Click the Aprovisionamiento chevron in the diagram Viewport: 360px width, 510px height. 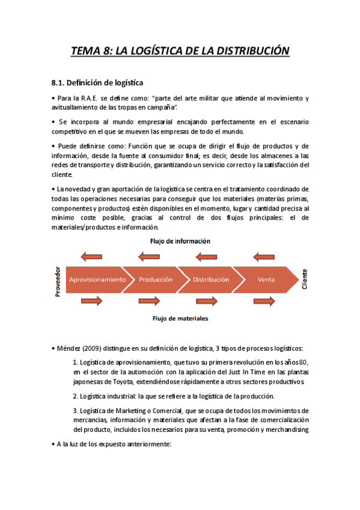(97, 280)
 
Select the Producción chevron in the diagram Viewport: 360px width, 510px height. (156, 280)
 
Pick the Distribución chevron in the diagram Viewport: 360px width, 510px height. (211, 280)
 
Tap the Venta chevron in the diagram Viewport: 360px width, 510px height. (266, 280)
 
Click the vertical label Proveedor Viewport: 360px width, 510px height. (58, 280)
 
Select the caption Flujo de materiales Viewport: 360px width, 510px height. (180, 319)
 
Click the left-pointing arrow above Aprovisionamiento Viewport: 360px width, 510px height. (92, 257)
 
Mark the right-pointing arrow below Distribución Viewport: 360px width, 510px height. (206, 301)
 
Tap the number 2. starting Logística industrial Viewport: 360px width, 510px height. (75, 396)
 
